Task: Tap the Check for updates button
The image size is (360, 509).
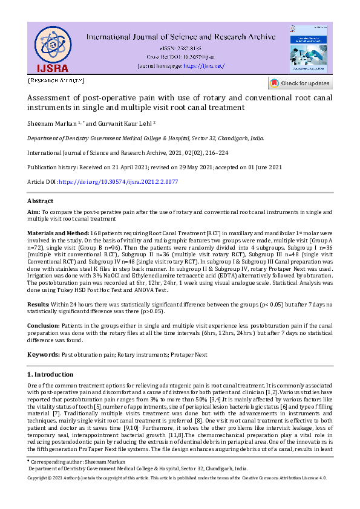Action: pyautogui.click(x=300, y=83)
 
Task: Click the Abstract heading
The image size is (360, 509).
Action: pyautogui.click(x=41, y=201)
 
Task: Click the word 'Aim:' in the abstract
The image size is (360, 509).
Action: pyautogui.click(x=33, y=212)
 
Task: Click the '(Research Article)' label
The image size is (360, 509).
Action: pyautogui.click(x=56, y=80)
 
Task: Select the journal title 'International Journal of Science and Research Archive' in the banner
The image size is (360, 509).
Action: pyautogui.click(x=181, y=37)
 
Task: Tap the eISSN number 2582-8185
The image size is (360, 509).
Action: pyautogui.click(x=189, y=48)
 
